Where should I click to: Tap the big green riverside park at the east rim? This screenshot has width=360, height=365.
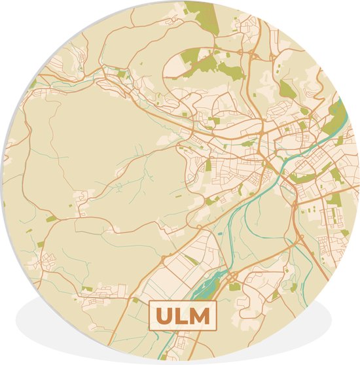(x=337, y=118)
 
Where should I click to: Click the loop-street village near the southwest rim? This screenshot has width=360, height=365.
(x=49, y=262)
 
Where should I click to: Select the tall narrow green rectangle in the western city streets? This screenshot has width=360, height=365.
(x=208, y=166)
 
